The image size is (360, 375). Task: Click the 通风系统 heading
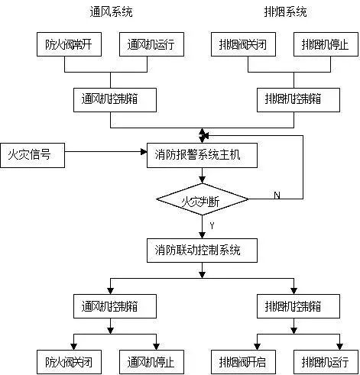point(112,12)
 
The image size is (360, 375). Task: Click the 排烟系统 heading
point(287,12)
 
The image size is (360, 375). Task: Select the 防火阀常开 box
point(65,44)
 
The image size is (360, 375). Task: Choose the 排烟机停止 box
point(325,44)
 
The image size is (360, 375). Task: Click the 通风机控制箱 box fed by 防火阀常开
point(111,99)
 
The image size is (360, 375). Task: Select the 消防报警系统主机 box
point(202,156)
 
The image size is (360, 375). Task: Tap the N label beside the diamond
point(277,196)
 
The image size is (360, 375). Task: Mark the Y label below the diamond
point(210,226)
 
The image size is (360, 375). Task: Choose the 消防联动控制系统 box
point(202,250)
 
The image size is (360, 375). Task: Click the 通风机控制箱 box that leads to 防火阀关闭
point(111,307)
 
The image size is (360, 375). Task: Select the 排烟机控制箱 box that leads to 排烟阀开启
point(294,307)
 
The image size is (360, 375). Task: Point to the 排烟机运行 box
point(325,360)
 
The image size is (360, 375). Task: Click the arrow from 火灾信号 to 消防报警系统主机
point(99,156)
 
